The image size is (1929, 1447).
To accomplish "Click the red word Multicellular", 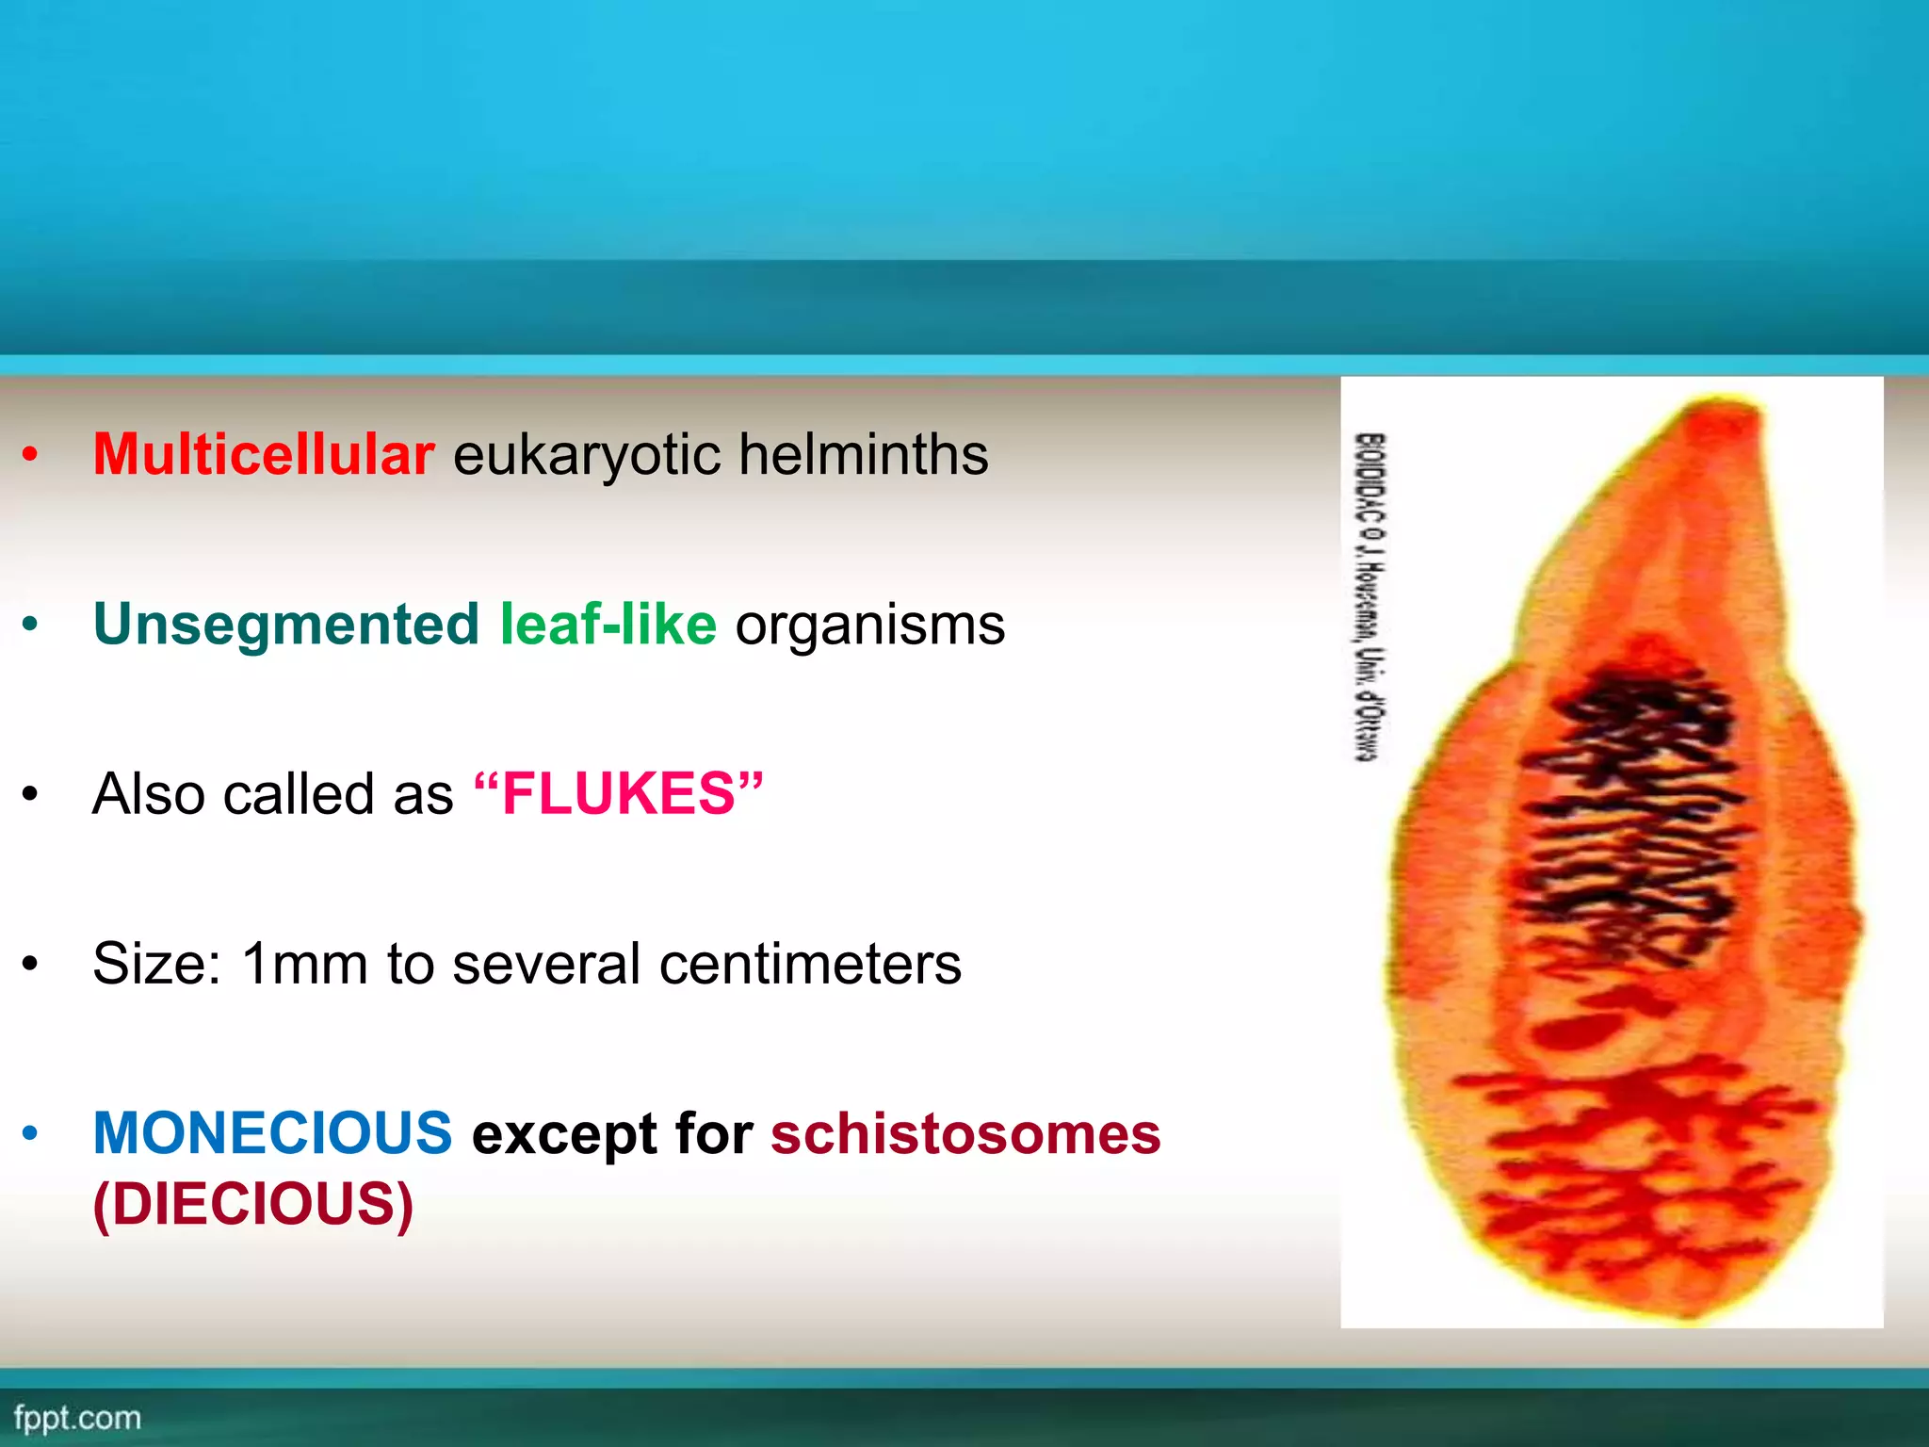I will tap(264, 455).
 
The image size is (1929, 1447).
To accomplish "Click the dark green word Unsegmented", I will tap(286, 625).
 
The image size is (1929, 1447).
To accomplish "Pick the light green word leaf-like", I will tap(608, 625).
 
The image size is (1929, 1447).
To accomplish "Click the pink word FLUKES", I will tap(618, 793).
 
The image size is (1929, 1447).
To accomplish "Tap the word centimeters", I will tap(810, 964).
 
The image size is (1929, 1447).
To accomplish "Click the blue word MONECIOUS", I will tap(272, 1132).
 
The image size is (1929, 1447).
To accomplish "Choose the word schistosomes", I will tap(965, 1133).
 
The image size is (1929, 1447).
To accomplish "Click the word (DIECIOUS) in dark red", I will tap(253, 1204).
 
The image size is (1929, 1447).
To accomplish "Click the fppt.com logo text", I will tap(77, 1418).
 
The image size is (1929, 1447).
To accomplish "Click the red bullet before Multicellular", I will tap(30, 455).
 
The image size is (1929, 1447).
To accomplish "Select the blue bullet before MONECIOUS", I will tap(30, 1132).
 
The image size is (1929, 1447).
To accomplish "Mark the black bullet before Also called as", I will tap(30, 793).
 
